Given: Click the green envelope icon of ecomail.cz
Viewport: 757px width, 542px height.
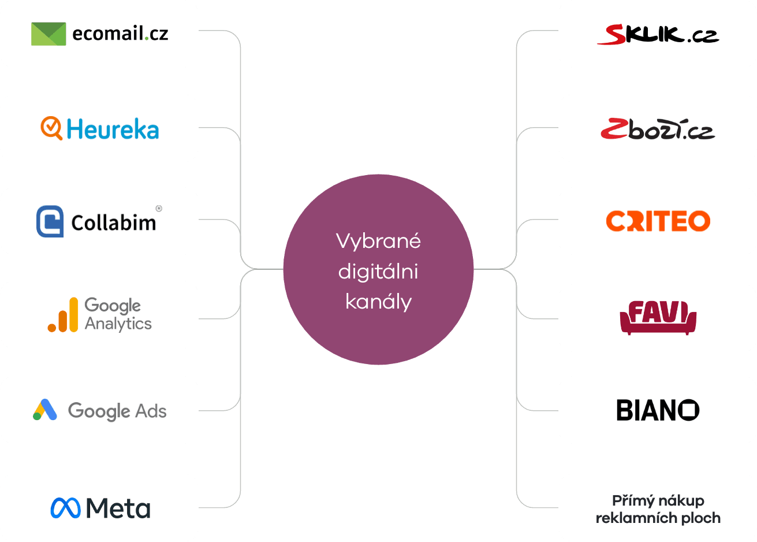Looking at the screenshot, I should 49,34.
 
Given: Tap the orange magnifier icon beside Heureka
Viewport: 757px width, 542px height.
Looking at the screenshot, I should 51,128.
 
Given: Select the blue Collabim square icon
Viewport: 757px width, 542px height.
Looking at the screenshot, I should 50,221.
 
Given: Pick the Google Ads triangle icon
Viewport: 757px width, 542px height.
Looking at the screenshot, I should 45,410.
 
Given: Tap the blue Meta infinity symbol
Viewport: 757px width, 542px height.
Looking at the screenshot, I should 65,508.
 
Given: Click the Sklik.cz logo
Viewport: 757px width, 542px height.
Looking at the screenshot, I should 658,35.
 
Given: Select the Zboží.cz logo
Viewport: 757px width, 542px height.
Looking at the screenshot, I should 658,129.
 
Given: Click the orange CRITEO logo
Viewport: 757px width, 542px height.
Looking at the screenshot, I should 658,221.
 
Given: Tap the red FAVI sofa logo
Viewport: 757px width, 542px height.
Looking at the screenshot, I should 658,317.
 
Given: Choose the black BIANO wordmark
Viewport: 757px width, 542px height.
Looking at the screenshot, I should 658,410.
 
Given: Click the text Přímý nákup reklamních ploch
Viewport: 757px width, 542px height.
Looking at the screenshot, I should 658,509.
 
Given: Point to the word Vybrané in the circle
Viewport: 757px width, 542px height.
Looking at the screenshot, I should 378,241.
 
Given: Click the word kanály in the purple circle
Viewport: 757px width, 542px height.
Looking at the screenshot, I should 378,302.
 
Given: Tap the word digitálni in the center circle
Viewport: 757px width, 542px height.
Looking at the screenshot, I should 378,272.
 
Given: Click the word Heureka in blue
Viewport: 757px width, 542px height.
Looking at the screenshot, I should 113,129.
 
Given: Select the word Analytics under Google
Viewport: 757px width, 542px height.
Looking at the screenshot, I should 118,324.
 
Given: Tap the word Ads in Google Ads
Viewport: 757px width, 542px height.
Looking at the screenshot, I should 151,411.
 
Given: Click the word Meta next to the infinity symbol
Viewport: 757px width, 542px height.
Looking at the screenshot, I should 118,508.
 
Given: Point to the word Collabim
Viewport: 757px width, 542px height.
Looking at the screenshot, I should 114,222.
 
